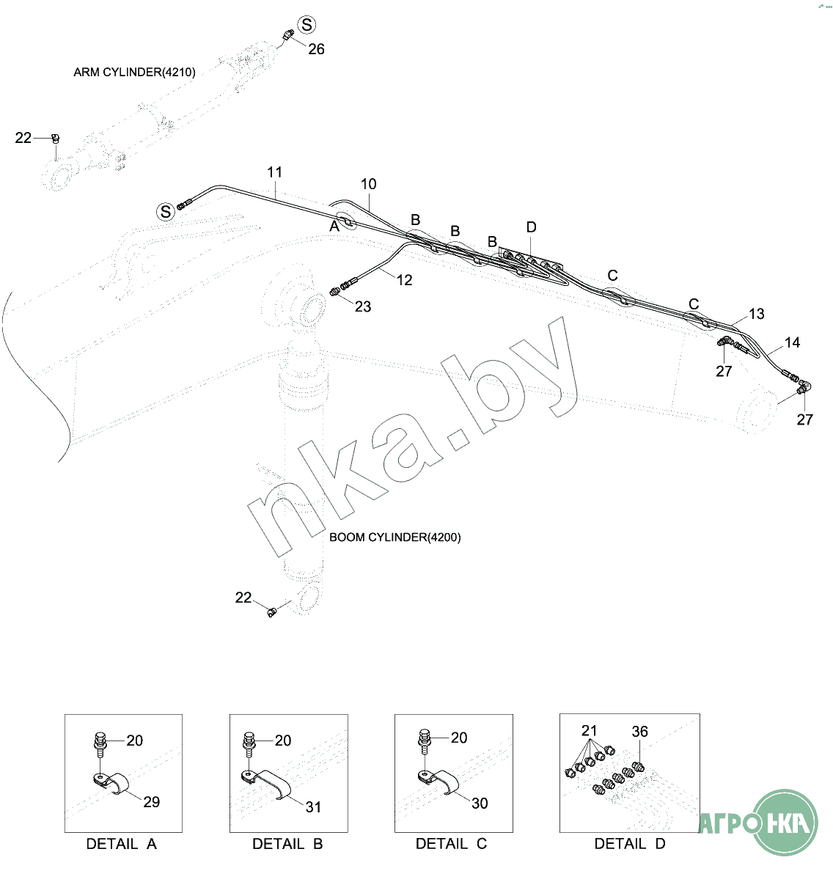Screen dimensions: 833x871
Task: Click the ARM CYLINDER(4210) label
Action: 134,72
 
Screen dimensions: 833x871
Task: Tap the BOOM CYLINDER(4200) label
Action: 395,537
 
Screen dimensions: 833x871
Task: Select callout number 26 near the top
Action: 316,49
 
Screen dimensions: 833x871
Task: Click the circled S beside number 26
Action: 307,24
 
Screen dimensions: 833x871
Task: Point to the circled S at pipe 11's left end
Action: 165,212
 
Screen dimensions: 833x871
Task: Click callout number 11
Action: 274,172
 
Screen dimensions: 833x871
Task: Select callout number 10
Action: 368,184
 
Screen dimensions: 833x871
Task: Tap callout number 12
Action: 405,280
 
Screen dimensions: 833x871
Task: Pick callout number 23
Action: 363,306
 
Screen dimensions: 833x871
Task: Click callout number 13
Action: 756,314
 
